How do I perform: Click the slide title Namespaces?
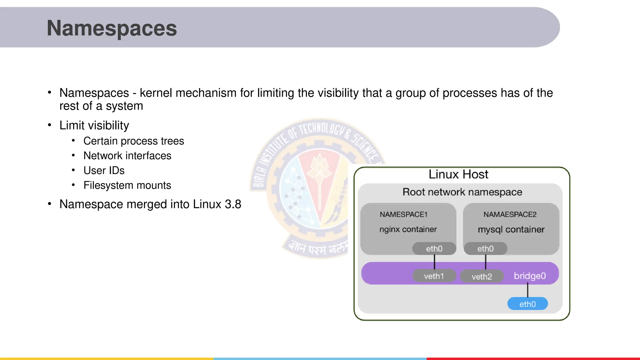(x=112, y=28)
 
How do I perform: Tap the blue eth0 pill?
(x=527, y=304)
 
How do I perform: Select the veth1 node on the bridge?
(x=434, y=276)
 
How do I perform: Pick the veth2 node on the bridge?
(x=482, y=276)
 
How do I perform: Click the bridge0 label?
(x=530, y=276)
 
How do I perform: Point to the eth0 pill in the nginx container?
(x=434, y=248)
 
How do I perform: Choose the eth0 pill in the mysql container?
(x=485, y=248)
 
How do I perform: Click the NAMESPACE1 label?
(x=403, y=214)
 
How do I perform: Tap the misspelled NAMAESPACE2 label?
(x=510, y=214)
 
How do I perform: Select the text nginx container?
(x=408, y=229)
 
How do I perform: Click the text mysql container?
(x=511, y=229)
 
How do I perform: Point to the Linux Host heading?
(x=458, y=174)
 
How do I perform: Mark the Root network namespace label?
(x=462, y=192)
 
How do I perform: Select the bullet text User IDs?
(x=104, y=170)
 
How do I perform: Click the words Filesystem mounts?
(x=127, y=185)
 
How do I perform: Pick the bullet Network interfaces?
(x=127, y=156)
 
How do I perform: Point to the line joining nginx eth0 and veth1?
(x=434, y=262)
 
